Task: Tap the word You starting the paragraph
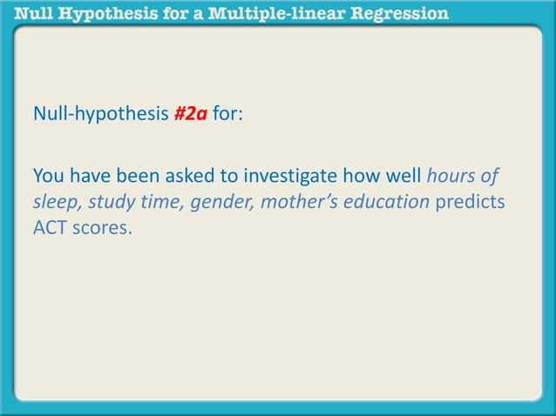[48, 178]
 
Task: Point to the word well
[402, 178]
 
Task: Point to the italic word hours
[452, 178]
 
